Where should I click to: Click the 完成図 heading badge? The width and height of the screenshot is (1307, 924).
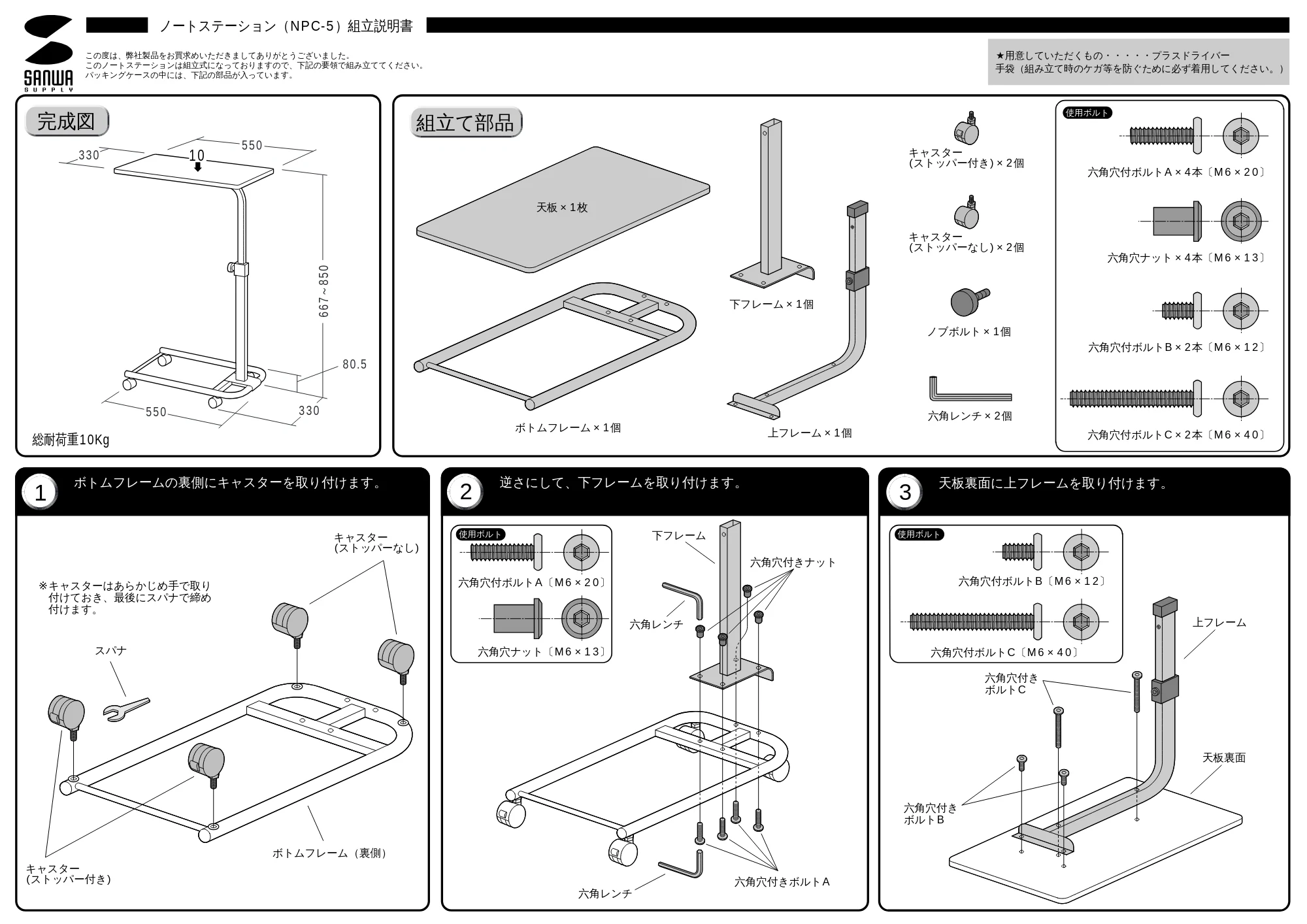67,122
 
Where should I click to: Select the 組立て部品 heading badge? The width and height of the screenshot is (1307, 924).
466,122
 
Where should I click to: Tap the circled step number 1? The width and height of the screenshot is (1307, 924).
40,493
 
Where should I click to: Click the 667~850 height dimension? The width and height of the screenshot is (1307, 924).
324,291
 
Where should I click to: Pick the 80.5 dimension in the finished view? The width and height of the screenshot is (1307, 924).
355,365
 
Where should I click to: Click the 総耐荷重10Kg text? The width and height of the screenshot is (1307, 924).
71,440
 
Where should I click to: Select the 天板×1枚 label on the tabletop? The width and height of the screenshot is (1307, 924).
562,208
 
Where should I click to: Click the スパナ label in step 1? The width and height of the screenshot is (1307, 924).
111,651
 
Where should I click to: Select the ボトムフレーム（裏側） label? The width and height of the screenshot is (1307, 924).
331,853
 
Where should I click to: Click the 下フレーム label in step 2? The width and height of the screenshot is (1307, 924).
679,536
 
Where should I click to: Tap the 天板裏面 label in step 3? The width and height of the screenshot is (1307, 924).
1224,758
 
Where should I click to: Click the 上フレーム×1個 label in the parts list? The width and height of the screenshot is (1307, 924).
810,433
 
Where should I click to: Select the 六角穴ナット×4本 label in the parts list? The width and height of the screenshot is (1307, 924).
1155,258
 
